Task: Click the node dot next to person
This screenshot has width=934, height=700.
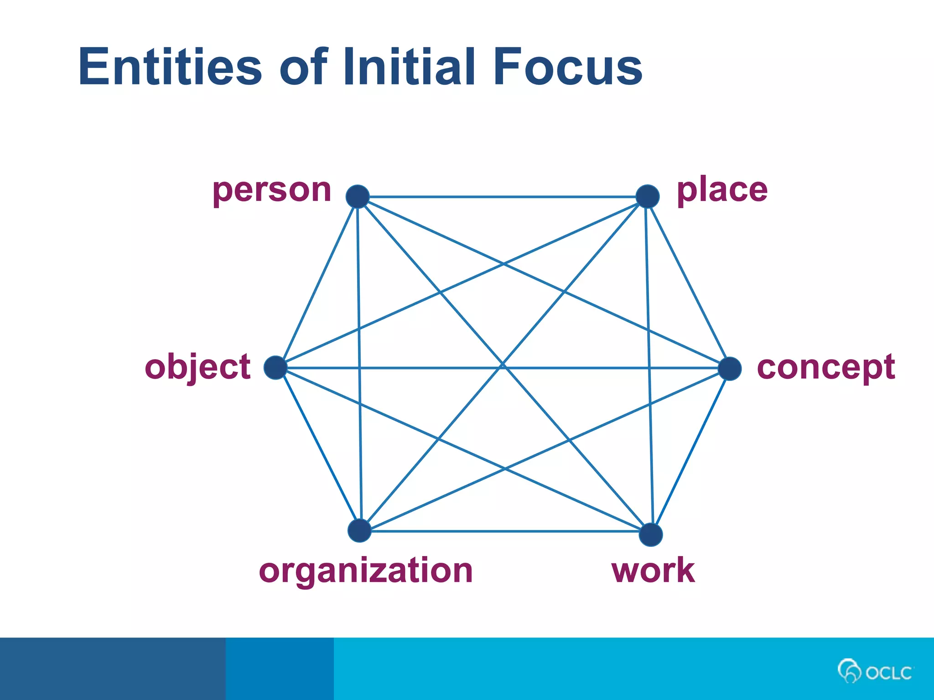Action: pyautogui.click(x=358, y=196)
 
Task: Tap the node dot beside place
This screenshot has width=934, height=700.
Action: pyautogui.click(x=647, y=196)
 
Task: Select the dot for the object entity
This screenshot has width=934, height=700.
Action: pyautogui.click(x=275, y=368)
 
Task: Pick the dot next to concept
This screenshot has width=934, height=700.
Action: pyautogui.click(x=729, y=369)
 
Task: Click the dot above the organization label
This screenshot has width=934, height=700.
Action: pyautogui.click(x=359, y=530)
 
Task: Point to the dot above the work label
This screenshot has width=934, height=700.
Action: pyautogui.click(x=651, y=535)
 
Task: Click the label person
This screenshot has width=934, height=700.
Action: pyautogui.click(x=272, y=190)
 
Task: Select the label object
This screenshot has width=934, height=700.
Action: pyautogui.click(x=197, y=367)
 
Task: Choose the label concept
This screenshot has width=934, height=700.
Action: pyautogui.click(x=825, y=367)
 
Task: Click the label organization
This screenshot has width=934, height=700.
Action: pyautogui.click(x=366, y=571)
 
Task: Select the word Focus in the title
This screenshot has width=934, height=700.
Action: pyautogui.click(x=568, y=67)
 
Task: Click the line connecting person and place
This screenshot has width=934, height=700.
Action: pyautogui.click(x=502, y=197)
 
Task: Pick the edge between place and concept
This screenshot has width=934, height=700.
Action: pyautogui.click(x=688, y=283)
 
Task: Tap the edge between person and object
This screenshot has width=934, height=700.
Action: pyautogui.click(x=317, y=283)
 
